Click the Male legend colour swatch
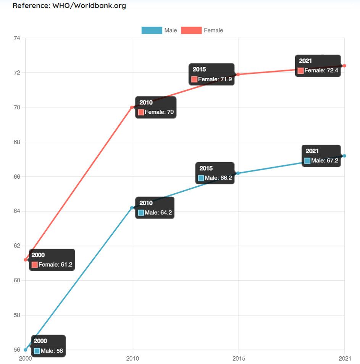[152, 30]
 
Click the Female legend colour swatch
[191, 30]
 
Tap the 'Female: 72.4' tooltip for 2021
[318, 66]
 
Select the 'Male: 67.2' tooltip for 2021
[321, 156]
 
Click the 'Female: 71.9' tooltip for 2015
[212, 74]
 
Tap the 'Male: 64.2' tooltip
[155, 208]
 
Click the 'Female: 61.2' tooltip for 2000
[52, 260]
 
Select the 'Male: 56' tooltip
[48, 346]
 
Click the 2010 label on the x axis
[132, 358]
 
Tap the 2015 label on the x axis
[239, 358]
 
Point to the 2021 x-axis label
[344, 358]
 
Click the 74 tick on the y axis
[16, 38]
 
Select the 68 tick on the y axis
[16, 142]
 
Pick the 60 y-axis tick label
[16, 281]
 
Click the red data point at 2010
[132, 107]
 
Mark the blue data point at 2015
[238, 173]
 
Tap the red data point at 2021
[344, 66]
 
